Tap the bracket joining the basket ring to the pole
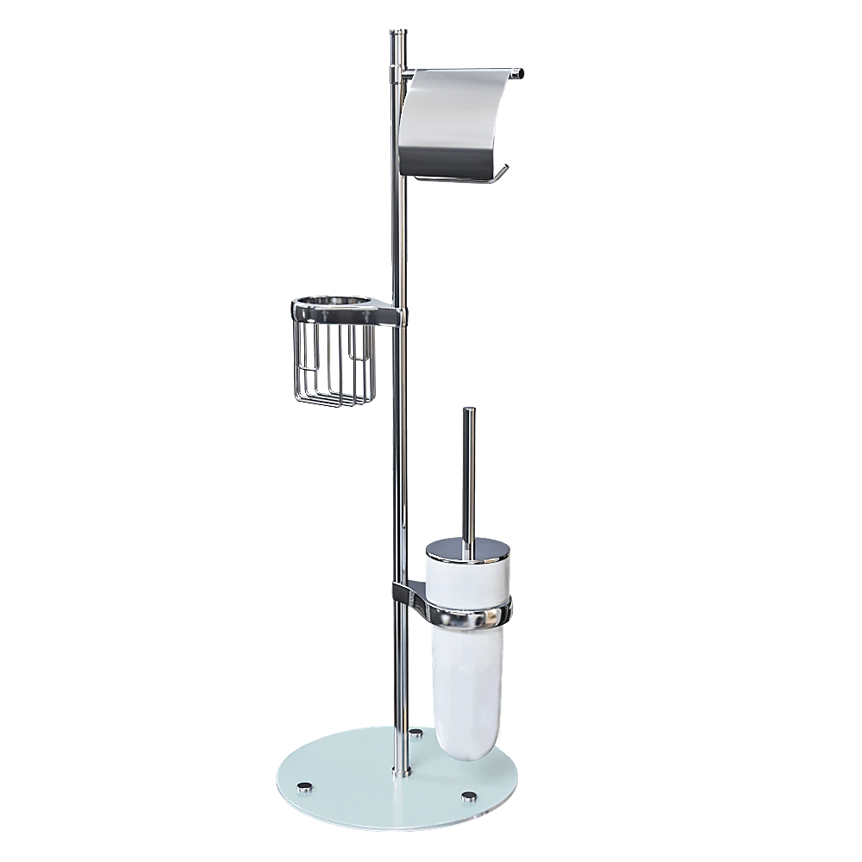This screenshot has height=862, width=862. (392, 317)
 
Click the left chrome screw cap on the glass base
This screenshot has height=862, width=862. (303, 787)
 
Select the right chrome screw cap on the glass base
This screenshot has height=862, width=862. (469, 794)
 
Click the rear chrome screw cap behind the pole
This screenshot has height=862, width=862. (417, 734)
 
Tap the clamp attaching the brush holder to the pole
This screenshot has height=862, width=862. (406, 592)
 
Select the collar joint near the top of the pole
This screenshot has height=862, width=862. (398, 78)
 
